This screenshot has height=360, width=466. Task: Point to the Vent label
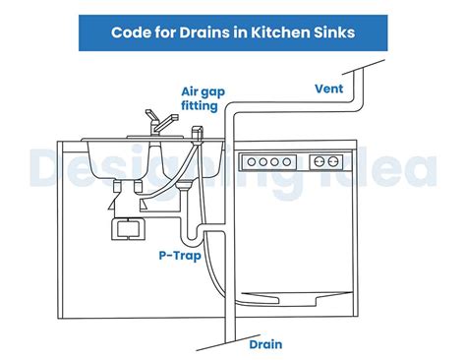coord(327,88)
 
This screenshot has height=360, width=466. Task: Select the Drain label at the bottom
coord(265,344)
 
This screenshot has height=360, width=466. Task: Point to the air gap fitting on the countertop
coord(195,133)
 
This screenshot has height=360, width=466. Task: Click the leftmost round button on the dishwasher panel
coord(253,161)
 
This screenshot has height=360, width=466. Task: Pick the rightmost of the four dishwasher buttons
coord(288,161)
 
